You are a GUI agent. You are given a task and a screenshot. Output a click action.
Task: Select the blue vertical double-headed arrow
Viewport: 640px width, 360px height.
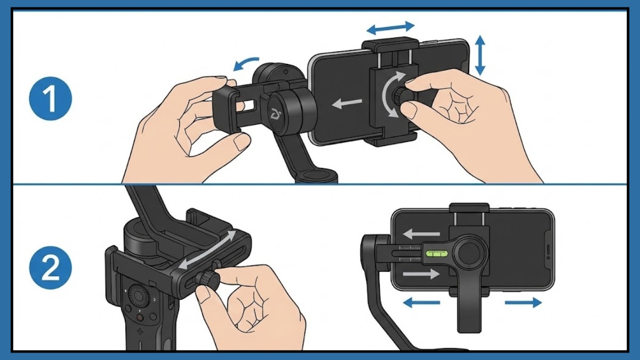click(x=480, y=55)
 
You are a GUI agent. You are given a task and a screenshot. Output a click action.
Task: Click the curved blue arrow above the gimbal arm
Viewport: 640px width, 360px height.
click(x=246, y=63)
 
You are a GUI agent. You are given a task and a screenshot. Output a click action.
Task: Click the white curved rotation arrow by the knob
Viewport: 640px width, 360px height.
click(x=388, y=95)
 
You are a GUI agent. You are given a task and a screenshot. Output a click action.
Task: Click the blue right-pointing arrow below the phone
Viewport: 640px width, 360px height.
click(x=523, y=303)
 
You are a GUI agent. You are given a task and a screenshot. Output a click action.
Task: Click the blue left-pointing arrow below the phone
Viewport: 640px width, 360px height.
click(x=421, y=303)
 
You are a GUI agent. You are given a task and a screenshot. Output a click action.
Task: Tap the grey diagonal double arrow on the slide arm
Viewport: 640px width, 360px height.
click(x=208, y=250)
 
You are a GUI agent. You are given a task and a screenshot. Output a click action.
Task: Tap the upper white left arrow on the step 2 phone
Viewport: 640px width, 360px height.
click(x=421, y=234)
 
